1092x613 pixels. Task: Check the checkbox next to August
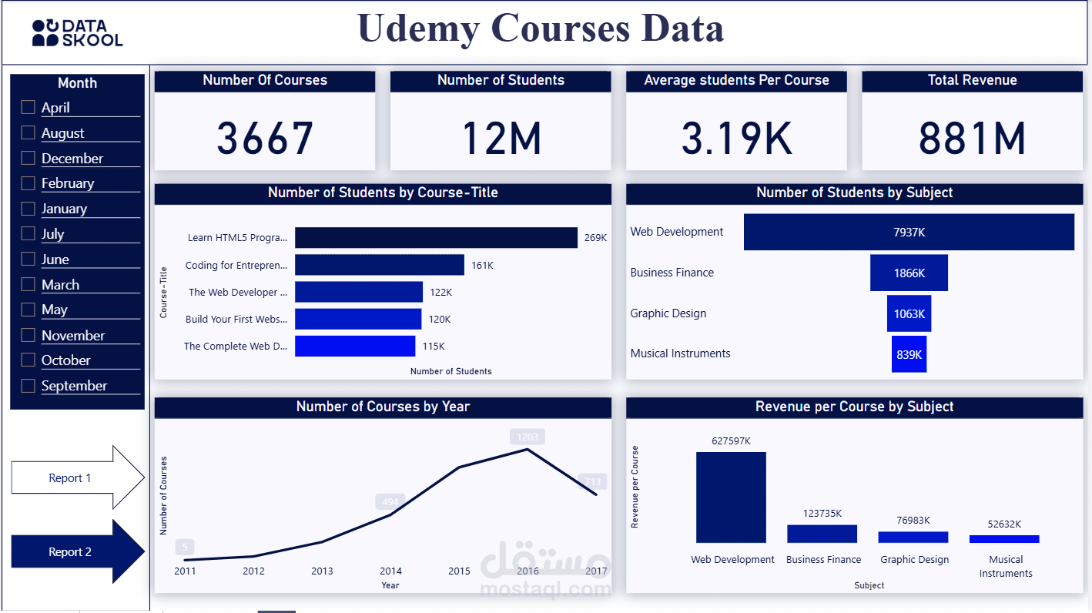pyautogui.click(x=28, y=133)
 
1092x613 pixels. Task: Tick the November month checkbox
pyautogui.click(x=28, y=335)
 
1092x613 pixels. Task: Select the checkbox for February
pyautogui.click(x=28, y=183)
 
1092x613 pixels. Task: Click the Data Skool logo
pyautogui.click(x=77, y=33)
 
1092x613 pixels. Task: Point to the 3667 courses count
pyautogui.click(x=265, y=139)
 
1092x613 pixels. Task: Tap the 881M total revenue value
pyautogui.click(x=972, y=139)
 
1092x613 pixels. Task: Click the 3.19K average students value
pyautogui.click(x=736, y=139)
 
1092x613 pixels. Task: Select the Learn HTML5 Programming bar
pyautogui.click(x=436, y=238)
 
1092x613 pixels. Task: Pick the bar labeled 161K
pyautogui.click(x=380, y=265)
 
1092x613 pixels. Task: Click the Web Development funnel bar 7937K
pyautogui.click(x=909, y=232)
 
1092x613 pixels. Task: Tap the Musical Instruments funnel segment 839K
pyautogui.click(x=909, y=354)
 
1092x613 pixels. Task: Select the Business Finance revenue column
pyautogui.click(x=822, y=534)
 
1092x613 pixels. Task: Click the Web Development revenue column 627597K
pyautogui.click(x=731, y=497)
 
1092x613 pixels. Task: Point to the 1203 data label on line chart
pyautogui.click(x=527, y=437)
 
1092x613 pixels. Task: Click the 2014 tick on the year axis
pyautogui.click(x=390, y=571)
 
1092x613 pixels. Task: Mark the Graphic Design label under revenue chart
pyautogui.click(x=914, y=560)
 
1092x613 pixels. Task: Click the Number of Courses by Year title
pyautogui.click(x=383, y=407)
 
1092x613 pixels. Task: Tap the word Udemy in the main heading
pyautogui.click(x=418, y=29)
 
